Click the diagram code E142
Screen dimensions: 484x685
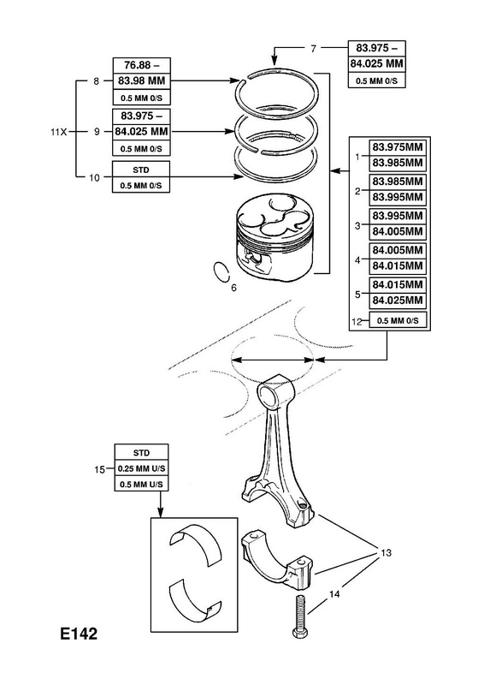point(79,634)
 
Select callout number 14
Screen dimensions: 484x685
point(334,594)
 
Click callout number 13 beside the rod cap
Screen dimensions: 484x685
point(387,552)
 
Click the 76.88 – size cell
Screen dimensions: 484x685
point(141,65)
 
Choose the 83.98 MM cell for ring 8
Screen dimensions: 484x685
point(141,80)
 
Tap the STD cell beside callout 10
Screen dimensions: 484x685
point(140,170)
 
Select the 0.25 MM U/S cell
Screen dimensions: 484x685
point(141,468)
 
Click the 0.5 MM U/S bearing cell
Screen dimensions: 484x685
point(141,484)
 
